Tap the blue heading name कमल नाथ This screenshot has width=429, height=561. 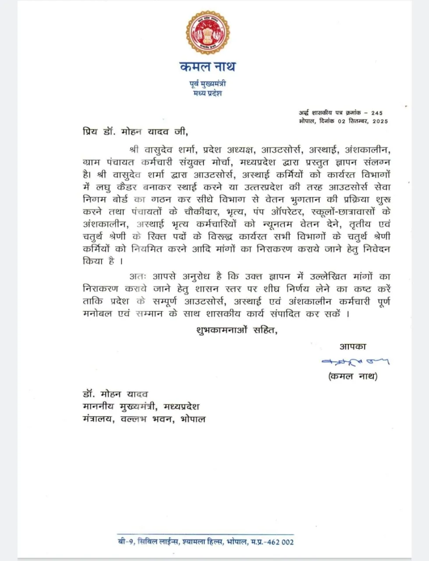pyautogui.click(x=207, y=67)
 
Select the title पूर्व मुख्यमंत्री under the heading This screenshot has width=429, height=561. pyautogui.click(x=207, y=83)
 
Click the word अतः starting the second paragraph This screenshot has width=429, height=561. pyautogui.click(x=138, y=277)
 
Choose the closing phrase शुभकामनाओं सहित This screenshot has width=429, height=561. pyautogui.click(x=237, y=330)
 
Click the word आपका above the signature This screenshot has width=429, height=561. pyautogui.click(x=353, y=346)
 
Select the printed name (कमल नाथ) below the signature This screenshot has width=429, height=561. pyautogui.click(x=353, y=376)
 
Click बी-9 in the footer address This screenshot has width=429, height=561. pyautogui.click(x=124, y=542)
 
